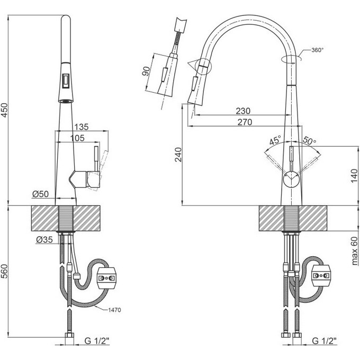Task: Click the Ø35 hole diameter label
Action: (44, 240)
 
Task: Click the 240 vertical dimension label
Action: (179, 154)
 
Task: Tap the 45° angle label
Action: (275, 141)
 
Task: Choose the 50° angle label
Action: (309, 141)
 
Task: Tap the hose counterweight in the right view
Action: (322, 274)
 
